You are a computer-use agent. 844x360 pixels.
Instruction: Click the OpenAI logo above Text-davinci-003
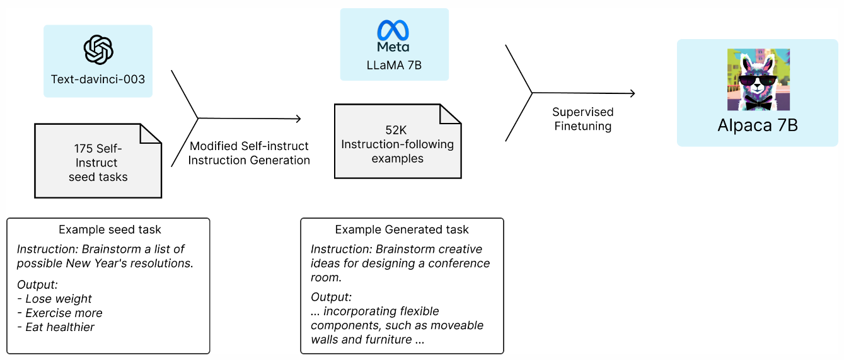point(98,49)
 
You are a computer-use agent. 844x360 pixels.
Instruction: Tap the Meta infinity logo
point(393,30)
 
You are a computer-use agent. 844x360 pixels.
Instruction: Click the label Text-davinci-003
point(98,79)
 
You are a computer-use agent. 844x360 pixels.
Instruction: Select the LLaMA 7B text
point(394,65)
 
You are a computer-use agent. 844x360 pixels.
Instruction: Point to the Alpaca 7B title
point(758,125)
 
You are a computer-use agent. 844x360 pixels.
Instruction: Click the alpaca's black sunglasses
point(758,81)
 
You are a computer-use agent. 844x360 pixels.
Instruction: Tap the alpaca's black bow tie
point(758,103)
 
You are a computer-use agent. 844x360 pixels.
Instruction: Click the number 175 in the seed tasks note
point(83,149)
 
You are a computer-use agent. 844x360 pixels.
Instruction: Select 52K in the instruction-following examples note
point(396,130)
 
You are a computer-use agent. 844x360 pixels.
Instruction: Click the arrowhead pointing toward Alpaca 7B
point(633,93)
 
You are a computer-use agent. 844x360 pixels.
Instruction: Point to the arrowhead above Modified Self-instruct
point(298,119)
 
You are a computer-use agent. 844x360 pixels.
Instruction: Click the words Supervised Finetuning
point(583,119)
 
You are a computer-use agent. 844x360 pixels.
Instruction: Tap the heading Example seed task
point(110,229)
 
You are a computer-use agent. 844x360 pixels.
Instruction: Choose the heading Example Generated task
point(402,229)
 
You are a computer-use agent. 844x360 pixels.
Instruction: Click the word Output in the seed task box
point(37,284)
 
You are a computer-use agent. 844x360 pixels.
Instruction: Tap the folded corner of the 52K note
point(450,114)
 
